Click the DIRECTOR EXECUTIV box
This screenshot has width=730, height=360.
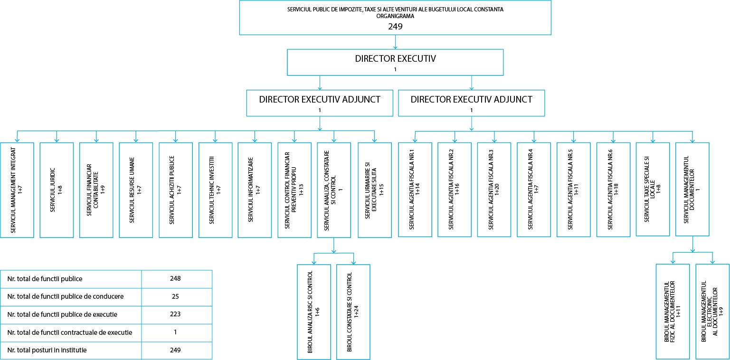395,62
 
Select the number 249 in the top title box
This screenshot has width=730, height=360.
395,27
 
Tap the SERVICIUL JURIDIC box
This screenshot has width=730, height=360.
57,190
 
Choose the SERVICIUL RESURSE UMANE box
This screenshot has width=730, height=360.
136,190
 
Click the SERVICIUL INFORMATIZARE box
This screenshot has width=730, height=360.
255,190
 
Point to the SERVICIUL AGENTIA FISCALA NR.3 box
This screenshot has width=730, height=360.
494,189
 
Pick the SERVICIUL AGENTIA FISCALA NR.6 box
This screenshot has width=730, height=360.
613,189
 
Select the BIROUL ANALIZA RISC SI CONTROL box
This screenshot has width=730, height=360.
314,312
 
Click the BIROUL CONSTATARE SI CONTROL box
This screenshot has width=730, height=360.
353,312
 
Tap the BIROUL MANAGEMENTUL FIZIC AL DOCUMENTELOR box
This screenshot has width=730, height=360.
673,312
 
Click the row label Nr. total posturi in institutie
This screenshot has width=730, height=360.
47,350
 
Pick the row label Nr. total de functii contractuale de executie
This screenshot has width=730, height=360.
70,332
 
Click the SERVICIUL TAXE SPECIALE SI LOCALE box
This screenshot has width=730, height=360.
653,189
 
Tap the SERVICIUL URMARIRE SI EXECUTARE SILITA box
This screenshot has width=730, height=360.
375,190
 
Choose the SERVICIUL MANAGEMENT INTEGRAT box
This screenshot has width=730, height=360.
17,190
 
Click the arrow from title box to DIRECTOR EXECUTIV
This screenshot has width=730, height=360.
395,42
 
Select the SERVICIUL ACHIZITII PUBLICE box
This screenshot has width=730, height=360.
176,190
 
